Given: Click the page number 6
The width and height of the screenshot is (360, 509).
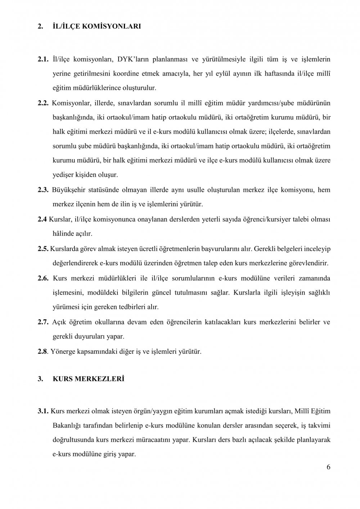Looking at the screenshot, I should point(328,467).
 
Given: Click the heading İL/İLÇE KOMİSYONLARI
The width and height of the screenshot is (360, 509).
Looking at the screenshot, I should point(96,26).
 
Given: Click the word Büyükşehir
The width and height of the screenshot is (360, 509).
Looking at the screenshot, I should point(69,190).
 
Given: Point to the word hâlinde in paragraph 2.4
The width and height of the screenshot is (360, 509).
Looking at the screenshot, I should point(63,234).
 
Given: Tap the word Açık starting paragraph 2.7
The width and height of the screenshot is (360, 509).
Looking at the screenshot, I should point(59,322).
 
